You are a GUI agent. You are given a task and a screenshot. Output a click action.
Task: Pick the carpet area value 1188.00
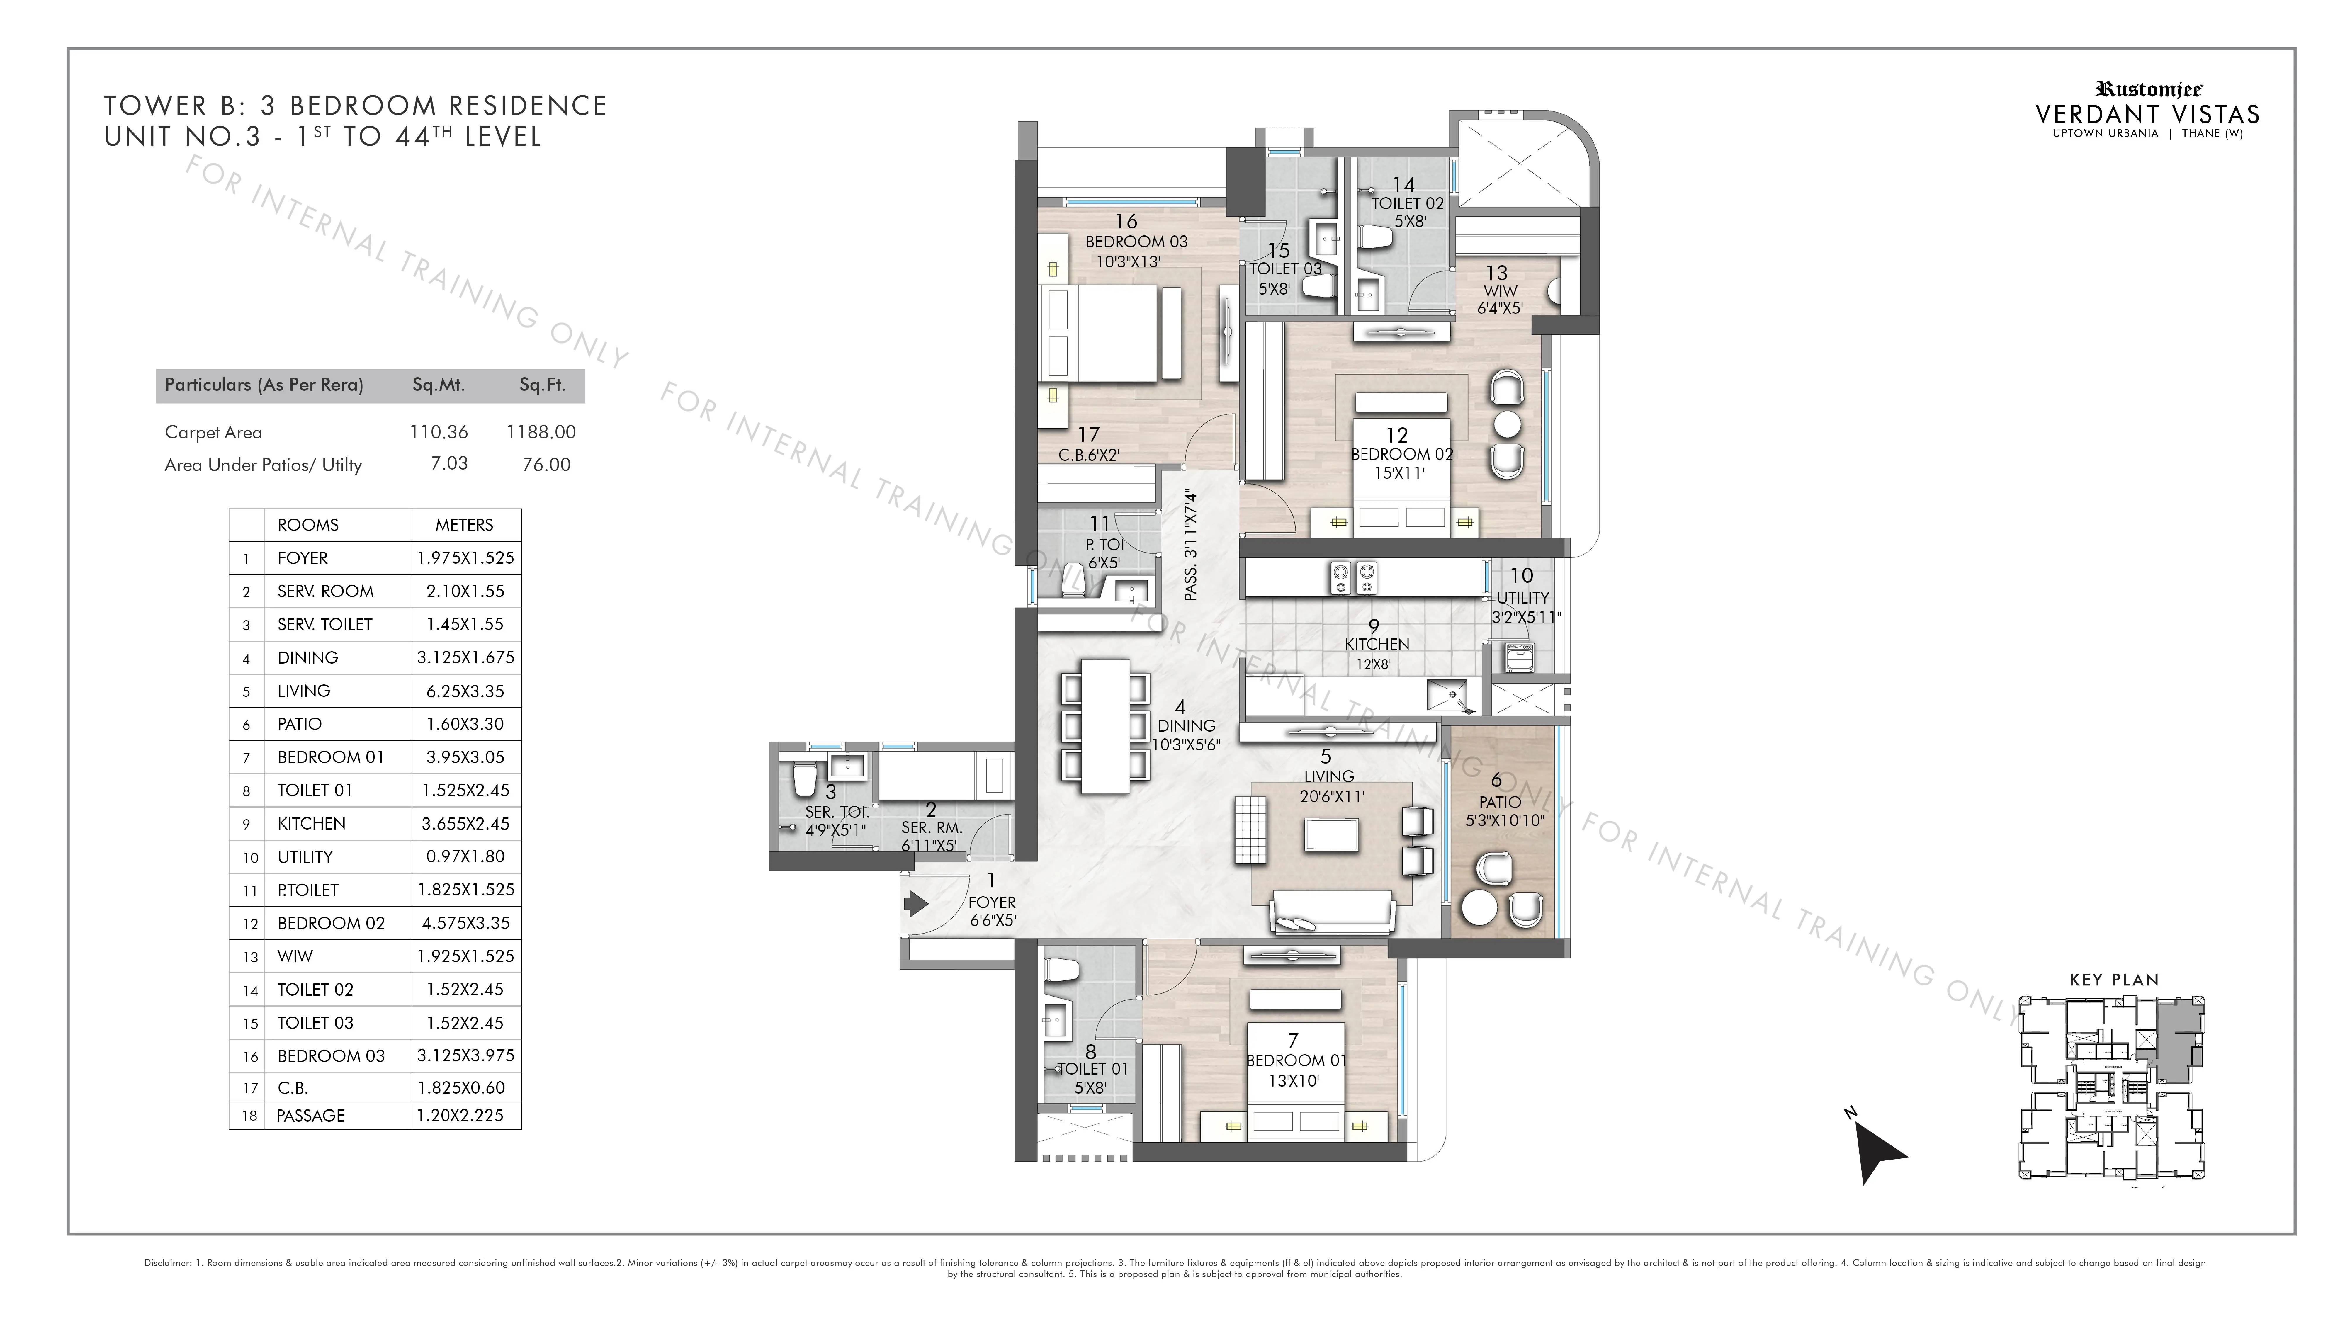[542, 432]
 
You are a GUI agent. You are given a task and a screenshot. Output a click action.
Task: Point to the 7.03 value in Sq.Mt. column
[450, 463]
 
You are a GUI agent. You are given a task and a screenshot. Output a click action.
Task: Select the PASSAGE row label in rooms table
[310, 1115]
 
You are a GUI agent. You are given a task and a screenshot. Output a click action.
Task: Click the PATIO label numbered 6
[1499, 802]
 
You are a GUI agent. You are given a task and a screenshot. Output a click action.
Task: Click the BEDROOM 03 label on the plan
[1136, 242]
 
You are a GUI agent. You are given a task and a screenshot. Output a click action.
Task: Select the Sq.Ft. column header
[543, 385]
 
